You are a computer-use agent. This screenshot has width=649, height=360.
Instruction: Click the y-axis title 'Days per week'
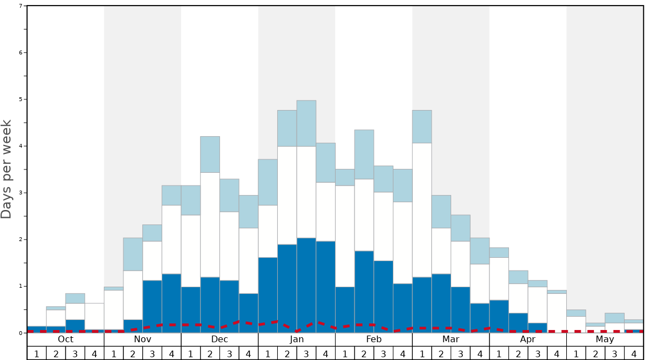coord(7,169)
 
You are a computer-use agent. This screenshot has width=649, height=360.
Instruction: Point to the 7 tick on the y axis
coord(21,6)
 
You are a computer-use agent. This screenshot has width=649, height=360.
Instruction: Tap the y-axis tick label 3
coord(21,193)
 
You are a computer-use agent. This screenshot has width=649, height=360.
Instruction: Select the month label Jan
coord(297,339)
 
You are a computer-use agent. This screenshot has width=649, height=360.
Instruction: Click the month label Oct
coord(66,339)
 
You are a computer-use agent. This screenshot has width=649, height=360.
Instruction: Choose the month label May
coord(605,339)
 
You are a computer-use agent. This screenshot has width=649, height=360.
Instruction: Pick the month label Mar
coord(451,339)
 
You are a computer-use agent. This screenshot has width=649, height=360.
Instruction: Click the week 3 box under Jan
coord(306,353)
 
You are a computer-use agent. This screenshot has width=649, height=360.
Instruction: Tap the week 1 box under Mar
coord(422,353)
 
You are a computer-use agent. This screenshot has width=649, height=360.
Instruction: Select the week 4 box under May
coord(634,353)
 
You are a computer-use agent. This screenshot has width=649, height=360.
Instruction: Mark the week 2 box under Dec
coord(210,353)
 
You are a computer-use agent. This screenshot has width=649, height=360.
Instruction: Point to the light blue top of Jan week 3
coord(306,123)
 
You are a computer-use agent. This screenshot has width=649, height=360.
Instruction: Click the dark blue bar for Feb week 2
coord(364,292)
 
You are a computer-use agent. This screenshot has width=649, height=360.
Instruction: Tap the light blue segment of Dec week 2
coord(210,154)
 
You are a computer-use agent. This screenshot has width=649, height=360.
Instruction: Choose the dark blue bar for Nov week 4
coord(171,303)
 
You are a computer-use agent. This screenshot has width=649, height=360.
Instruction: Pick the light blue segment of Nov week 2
coord(133,254)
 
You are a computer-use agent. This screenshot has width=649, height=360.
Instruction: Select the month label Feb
coord(374,339)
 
